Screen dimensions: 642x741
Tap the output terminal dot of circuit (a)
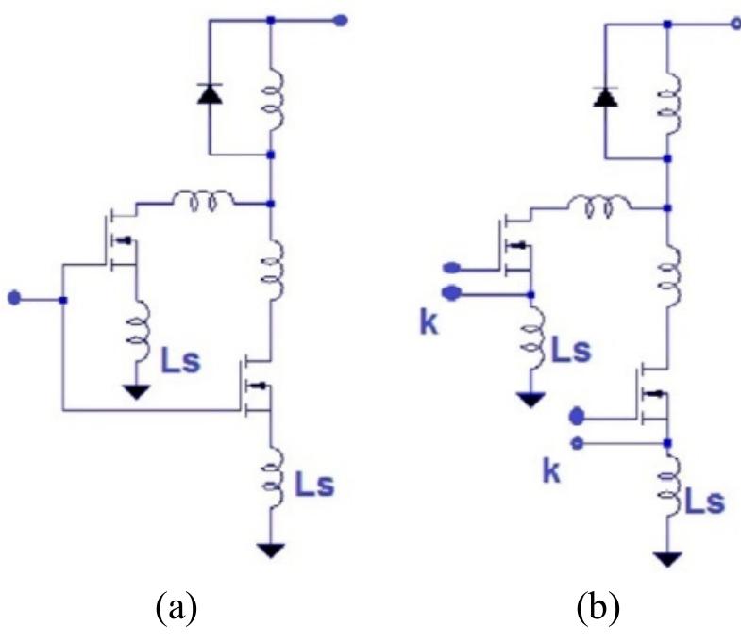pos(341,19)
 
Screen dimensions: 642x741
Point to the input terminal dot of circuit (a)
pos(13,300)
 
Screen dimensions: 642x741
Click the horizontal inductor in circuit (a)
pos(197,200)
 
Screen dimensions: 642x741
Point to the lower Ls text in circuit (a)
pos(314,487)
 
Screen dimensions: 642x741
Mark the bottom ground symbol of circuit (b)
pos(668,559)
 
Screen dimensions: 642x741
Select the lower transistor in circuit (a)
pos(257,387)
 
